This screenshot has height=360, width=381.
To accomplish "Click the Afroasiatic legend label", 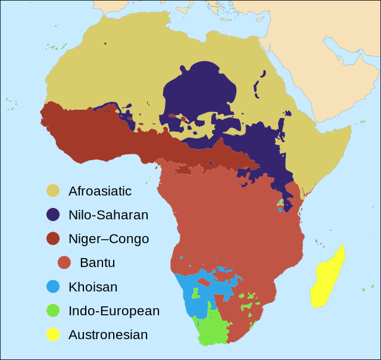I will coord(99,191).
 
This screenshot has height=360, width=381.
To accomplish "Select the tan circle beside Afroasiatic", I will coord(54,191).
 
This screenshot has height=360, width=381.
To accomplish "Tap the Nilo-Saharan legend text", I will coord(108,215).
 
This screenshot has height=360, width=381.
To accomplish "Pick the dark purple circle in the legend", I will coord(54,215).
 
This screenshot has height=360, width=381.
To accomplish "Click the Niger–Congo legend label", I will coord(108,239).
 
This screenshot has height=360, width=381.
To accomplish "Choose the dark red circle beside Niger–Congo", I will coord(54,238).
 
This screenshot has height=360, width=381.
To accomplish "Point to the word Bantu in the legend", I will coord(97,263).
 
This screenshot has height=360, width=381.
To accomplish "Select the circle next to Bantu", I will coord(65,262).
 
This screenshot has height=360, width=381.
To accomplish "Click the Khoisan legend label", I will coord(93,287).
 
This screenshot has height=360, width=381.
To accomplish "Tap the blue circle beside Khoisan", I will coord(54,287).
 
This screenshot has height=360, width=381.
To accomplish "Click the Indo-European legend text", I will coord(114,311).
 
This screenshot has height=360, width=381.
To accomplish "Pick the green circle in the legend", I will coord(54,311).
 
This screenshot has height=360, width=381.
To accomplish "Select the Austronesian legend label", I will coord(108,335).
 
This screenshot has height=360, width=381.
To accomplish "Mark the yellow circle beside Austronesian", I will coord(54,334).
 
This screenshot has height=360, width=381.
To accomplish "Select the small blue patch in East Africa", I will coord(280,209).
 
